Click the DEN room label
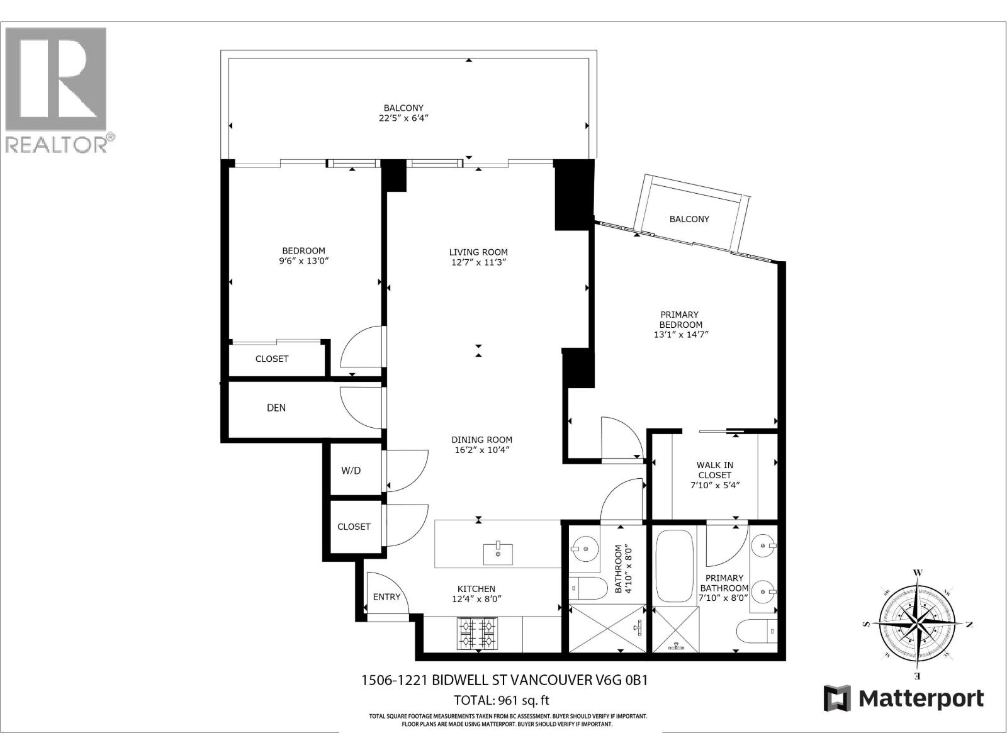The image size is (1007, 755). [x=276, y=408]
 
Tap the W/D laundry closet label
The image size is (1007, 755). [x=351, y=471]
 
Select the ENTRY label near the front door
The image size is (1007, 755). [x=386, y=596]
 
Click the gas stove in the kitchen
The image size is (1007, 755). [x=476, y=634]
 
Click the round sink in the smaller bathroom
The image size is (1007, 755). [x=585, y=549]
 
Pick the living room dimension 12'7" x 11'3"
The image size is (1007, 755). [x=478, y=262]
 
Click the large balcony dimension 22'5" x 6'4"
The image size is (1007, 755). [x=403, y=118]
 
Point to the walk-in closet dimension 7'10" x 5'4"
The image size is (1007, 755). [x=714, y=485]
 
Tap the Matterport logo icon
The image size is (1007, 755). [x=837, y=698]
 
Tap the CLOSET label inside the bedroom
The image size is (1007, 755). [x=272, y=359]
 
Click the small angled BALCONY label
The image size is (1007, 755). [x=689, y=219]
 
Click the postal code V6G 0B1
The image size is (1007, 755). [x=621, y=680]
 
